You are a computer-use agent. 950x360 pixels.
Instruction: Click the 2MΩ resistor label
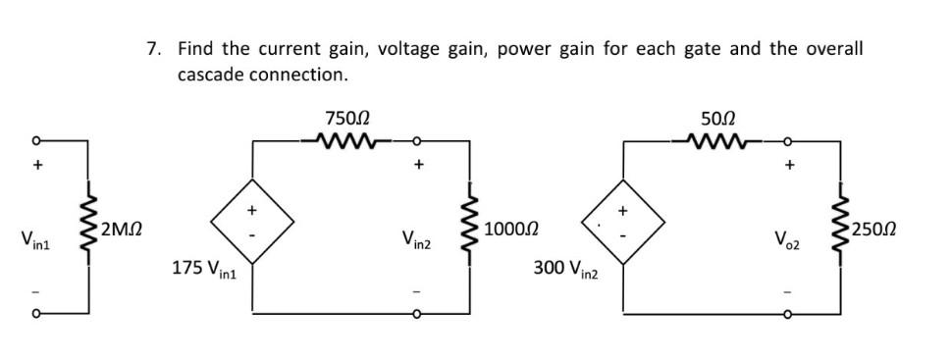click(x=122, y=231)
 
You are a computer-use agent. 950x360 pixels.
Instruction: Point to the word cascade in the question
click(x=211, y=75)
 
